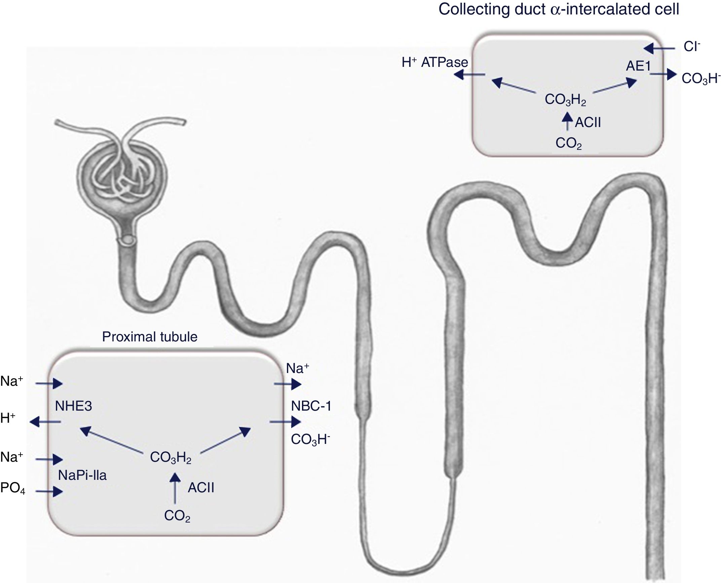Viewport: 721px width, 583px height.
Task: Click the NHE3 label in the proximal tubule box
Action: click(73, 406)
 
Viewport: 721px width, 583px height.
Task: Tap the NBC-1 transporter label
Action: click(311, 406)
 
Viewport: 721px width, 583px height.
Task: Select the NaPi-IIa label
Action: click(82, 475)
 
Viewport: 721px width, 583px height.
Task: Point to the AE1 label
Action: click(638, 66)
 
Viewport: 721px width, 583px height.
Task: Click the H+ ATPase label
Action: click(434, 63)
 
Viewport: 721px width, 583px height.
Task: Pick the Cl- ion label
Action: click(692, 47)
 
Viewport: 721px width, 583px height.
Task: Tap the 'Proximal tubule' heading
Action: click(150, 337)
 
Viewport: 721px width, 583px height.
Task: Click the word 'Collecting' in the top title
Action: click(474, 9)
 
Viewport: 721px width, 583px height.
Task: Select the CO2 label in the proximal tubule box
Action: click(177, 516)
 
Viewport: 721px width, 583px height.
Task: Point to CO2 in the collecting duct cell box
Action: click(568, 143)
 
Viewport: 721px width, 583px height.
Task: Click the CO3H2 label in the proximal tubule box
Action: click(170, 458)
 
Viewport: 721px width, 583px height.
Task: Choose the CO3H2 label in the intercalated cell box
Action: click(565, 100)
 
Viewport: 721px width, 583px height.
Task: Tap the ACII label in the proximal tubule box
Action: click(201, 488)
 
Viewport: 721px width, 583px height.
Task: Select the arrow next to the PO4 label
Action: click(49, 492)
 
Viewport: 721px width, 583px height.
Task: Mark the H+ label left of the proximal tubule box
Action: click(8, 418)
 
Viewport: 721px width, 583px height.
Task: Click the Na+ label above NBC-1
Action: click(297, 369)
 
